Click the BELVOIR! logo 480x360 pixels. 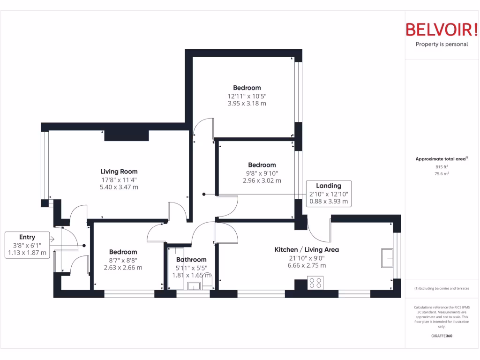coord(441,29)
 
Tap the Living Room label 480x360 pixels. coord(119,172)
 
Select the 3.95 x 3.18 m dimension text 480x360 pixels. coord(247,104)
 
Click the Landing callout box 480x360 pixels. coord(328,194)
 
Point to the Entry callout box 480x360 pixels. coord(27,245)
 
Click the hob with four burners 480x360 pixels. coord(315,283)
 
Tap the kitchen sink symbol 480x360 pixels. coord(387,258)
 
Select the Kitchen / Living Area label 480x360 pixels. coord(307,249)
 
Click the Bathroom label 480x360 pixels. coord(191,259)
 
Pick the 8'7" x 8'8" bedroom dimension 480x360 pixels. coord(123,260)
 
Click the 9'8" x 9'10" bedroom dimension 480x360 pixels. coord(262,173)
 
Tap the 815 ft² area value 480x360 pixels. coord(442,167)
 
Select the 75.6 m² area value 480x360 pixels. coord(442,174)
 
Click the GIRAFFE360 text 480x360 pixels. coord(442,336)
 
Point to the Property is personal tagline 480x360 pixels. coord(442,45)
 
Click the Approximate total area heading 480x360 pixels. coord(441,159)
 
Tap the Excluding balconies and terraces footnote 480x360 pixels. coord(441,288)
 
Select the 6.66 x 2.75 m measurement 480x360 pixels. coord(307,265)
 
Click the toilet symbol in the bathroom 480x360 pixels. coord(207,282)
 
